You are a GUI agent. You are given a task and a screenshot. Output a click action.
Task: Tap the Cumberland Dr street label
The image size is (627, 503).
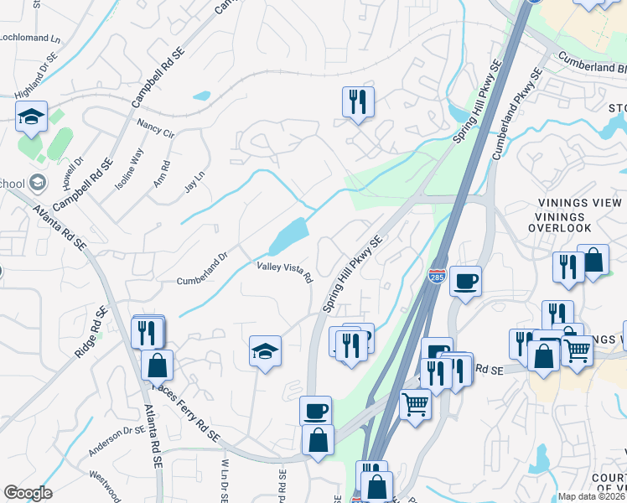(x=201, y=269)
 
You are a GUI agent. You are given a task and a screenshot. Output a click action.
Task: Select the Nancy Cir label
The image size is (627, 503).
(x=155, y=127)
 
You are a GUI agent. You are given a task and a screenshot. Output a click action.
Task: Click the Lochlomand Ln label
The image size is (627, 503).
(x=31, y=39)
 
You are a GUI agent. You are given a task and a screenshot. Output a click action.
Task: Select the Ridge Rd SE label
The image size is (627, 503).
(x=91, y=334)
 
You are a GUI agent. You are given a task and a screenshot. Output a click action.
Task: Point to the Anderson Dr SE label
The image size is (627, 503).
(x=117, y=441)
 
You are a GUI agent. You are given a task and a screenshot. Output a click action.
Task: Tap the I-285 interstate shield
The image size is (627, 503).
(x=437, y=276)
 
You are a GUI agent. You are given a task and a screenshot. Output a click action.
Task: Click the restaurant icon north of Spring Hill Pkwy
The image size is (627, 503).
(x=358, y=101)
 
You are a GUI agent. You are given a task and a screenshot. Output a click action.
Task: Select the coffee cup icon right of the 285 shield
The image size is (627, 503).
(x=465, y=281)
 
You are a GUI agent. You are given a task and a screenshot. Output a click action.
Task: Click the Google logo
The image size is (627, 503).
(x=28, y=493)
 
